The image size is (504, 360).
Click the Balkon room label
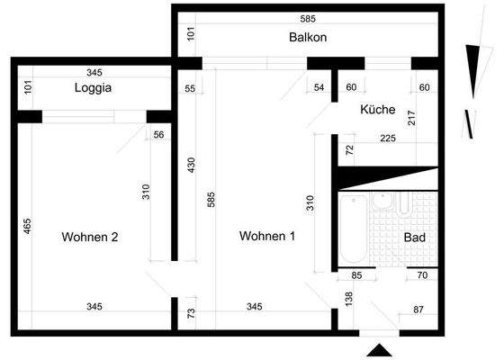308,38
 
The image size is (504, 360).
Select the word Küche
378,110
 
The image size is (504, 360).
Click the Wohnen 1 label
267,237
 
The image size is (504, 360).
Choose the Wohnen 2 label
90,238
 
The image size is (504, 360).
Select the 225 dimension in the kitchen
388,139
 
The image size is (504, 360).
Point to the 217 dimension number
412,116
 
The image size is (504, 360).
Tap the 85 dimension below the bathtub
356,276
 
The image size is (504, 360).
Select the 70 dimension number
422,276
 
